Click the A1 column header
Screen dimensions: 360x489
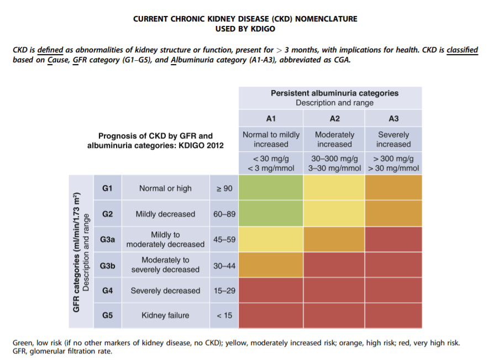coord(271,118)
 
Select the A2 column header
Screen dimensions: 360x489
coord(334,118)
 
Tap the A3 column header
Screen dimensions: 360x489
coord(393,118)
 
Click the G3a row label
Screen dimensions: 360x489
coord(108,240)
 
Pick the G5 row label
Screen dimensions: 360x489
coord(108,315)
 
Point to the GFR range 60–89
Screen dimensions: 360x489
coord(224,214)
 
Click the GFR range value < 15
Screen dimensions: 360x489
coord(224,315)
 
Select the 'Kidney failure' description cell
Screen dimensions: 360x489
coord(165,315)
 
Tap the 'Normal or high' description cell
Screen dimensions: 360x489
coord(165,188)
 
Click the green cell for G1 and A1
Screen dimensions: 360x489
coord(271,188)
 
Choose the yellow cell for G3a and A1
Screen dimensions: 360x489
coord(271,240)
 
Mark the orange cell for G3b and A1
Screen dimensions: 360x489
coord(271,265)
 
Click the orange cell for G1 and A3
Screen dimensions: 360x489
coord(393,188)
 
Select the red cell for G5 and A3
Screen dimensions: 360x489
coord(393,315)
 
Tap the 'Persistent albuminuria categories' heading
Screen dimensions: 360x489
coord(334,93)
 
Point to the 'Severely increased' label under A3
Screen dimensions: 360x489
coord(393,139)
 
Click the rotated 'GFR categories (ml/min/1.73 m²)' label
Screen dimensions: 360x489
coord(77,252)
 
